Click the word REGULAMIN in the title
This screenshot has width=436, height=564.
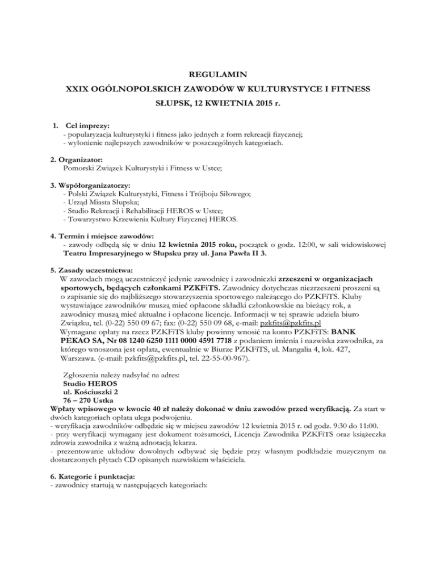(x=218, y=73)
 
